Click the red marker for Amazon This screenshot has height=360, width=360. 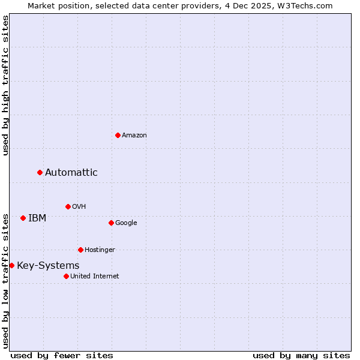point(118,135)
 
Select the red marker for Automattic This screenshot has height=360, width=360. point(40,172)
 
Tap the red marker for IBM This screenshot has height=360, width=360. point(23,218)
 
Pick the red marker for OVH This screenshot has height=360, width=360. point(68,206)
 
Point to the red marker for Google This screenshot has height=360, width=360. point(111,223)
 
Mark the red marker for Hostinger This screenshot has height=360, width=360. point(80,250)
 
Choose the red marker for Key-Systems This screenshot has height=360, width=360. point(11,265)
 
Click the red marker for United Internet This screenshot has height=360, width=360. point(66,276)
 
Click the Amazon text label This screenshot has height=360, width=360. point(134,136)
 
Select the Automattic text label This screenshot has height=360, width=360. point(71,173)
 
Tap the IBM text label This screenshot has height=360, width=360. point(37,218)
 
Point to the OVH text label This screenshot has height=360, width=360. point(79,207)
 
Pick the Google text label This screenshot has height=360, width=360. point(126,223)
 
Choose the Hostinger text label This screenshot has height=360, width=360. point(100,250)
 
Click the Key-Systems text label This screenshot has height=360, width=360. point(48,266)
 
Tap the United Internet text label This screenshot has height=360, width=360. point(95,277)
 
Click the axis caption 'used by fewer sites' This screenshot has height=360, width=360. point(62,355)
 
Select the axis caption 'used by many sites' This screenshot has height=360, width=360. point(301,355)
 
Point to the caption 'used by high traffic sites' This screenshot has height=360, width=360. point(5,85)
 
